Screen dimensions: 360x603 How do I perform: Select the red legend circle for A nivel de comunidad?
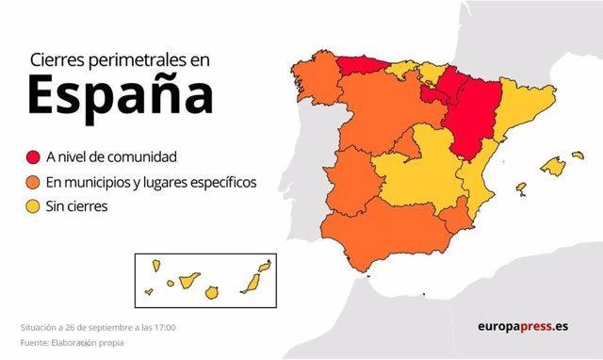coord(34,157)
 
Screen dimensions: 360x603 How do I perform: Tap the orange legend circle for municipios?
coord(34,181)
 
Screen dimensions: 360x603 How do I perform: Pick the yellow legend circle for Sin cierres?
coord(34,205)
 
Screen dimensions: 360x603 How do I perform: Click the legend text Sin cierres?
coord(81,205)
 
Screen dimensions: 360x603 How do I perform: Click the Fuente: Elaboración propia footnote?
coord(72,342)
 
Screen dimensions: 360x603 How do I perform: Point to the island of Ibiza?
coord(520,188)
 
